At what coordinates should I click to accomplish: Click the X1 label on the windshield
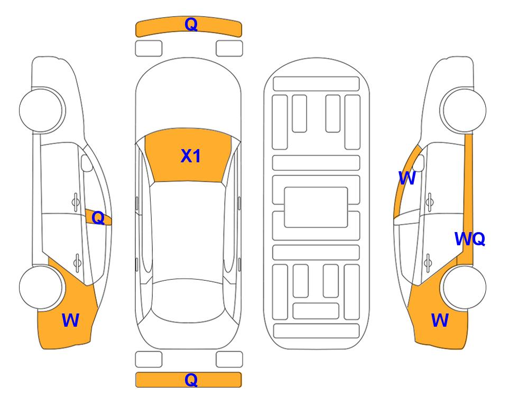(191, 156)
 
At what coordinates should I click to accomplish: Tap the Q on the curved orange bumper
(191, 24)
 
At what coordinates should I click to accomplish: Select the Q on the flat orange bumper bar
(191, 380)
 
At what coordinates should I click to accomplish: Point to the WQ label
(470, 239)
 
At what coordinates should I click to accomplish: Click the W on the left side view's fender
(70, 320)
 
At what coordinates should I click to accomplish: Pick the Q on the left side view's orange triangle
(98, 218)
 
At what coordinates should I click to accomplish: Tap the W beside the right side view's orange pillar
(407, 178)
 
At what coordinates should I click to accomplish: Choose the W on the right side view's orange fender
(440, 320)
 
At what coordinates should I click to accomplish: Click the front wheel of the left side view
(41, 288)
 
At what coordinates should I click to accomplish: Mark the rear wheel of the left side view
(41, 110)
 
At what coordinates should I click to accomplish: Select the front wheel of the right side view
(464, 288)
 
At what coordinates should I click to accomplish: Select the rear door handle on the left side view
(76, 202)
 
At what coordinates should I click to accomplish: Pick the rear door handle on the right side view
(430, 202)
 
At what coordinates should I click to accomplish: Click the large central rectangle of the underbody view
(316, 207)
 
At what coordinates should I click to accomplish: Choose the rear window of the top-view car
(190, 300)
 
